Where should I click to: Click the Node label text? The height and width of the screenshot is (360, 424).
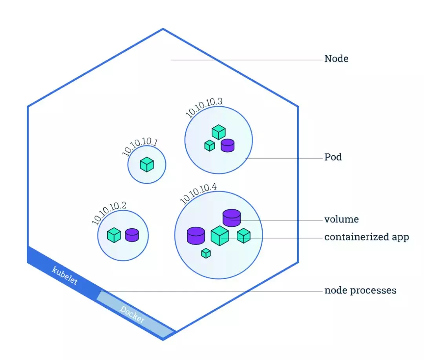336,58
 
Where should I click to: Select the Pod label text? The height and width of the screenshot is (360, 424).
333,157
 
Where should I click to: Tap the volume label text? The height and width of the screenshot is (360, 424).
342,219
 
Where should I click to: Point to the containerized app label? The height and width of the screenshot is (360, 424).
367,237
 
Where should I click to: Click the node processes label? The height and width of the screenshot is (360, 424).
360,290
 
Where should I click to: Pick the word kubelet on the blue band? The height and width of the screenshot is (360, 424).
65,276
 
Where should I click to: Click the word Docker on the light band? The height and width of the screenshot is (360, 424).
132,315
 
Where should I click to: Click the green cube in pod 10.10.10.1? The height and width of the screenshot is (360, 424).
147,164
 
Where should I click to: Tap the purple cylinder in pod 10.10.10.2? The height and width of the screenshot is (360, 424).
132,235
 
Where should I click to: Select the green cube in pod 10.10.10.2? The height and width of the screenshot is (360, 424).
114,235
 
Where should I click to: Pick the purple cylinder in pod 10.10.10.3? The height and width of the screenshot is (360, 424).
228,145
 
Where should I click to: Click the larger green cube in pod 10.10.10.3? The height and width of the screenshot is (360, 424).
219,132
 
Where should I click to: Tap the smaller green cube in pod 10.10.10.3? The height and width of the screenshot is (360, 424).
210,146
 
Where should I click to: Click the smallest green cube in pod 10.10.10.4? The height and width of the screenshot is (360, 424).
206,253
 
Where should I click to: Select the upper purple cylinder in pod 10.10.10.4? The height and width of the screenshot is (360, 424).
232,218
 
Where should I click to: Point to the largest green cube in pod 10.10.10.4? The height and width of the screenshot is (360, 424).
219,236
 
